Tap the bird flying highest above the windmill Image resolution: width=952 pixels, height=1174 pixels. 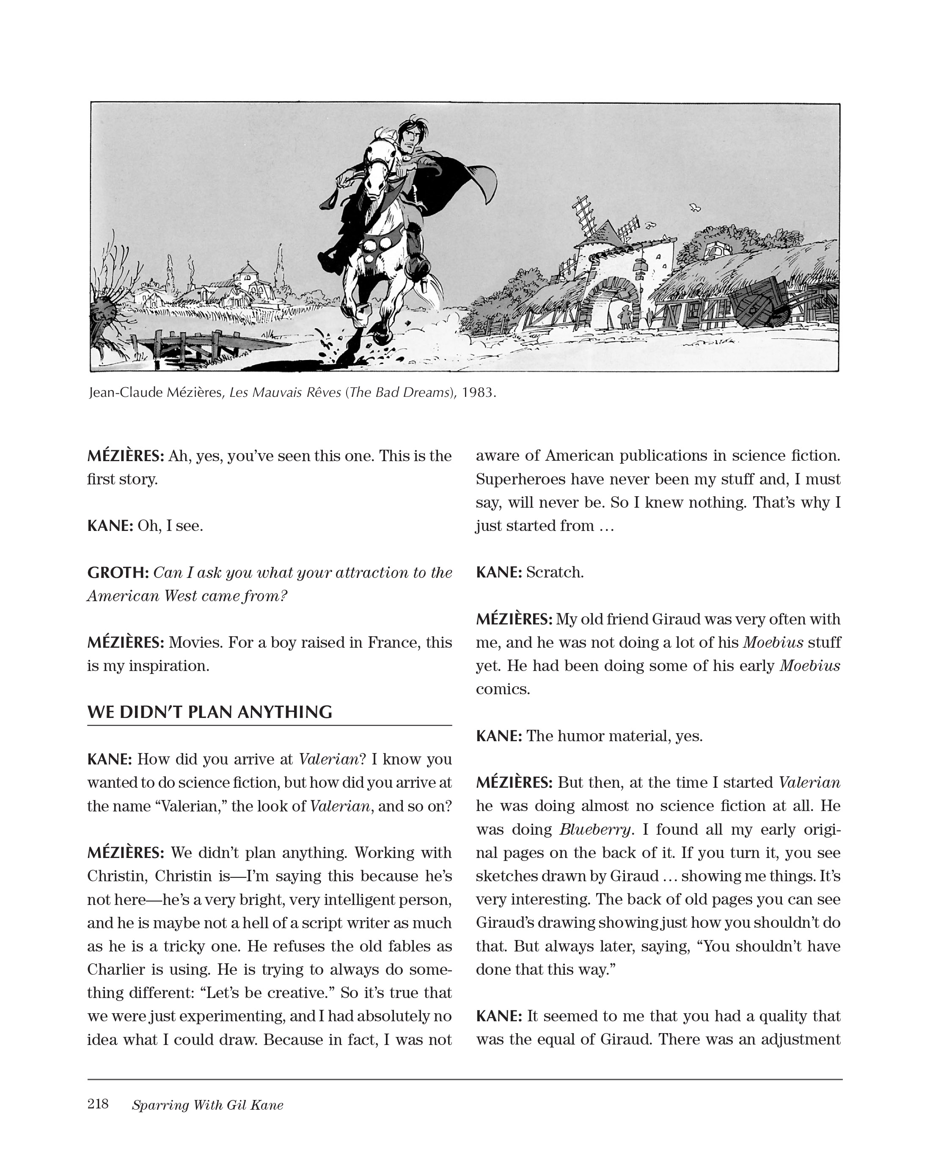pos(695,208)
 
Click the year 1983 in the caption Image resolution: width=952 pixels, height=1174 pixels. pos(478,393)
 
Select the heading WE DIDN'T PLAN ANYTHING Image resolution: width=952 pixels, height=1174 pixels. pos(209,712)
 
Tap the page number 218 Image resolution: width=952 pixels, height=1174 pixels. pos(98,1104)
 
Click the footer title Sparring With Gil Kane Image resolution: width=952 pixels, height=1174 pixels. pos(207,1105)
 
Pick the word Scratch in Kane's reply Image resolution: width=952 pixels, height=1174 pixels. pos(554,572)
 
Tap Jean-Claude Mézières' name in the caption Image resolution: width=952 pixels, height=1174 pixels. pos(154,393)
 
